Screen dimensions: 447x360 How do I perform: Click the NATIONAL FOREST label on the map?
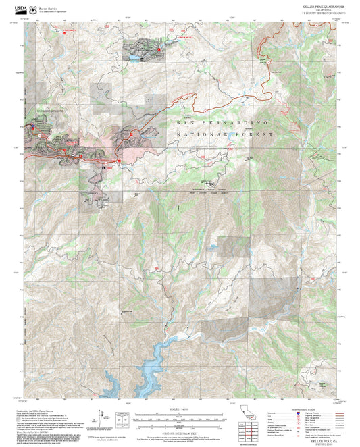click(223, 135)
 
